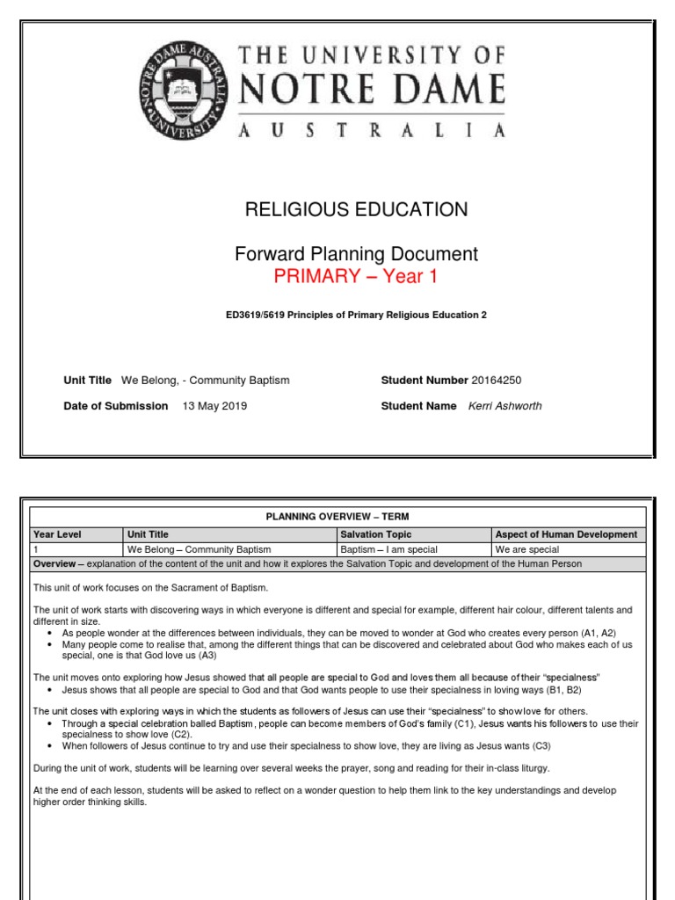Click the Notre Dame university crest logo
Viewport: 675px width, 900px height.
[185, 92]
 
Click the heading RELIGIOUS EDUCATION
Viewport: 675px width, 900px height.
[356, 209]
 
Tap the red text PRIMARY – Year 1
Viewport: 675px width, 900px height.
[356, 277]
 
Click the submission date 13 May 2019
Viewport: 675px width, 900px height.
[214, 406]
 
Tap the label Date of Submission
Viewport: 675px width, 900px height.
[116, 406]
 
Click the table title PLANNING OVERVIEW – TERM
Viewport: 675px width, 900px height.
[337, 516]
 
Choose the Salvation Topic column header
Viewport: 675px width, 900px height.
[375, 534]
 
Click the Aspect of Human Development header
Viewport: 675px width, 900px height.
[566, 534]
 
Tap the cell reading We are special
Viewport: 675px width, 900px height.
[527, 549]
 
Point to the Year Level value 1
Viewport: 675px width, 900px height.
[35, 549]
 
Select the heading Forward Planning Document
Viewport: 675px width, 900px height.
[356, 254]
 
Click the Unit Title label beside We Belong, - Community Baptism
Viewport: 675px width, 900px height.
[88, 380]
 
